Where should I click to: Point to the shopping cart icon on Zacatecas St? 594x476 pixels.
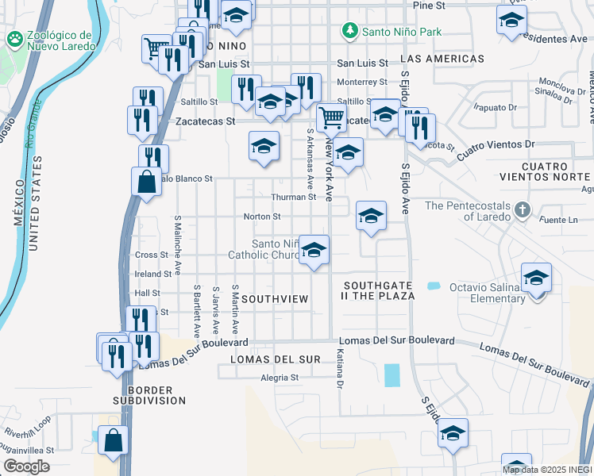tap(330, 119)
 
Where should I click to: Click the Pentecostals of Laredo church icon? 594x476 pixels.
tap(522, 210)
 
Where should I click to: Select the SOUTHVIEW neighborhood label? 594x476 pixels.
tap(274, 299)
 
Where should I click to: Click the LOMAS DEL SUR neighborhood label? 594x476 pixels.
tap(275, 359)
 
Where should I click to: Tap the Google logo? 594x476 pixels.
tap(26, 466)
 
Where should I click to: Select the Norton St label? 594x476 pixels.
tap(262, 216)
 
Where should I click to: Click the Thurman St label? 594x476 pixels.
tap(294, 197)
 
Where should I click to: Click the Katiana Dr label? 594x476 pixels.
tap(339, 370)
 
